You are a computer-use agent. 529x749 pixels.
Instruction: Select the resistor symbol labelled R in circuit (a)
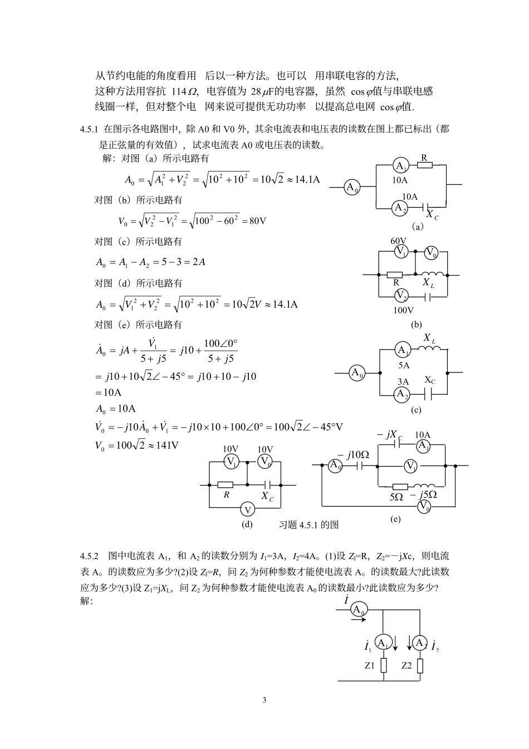(425, 165)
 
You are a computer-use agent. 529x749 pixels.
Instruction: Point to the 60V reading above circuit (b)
(398, 241)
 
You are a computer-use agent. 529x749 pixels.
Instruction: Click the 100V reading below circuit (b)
(403, 310)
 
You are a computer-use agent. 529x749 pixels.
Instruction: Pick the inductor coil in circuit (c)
(430, 349)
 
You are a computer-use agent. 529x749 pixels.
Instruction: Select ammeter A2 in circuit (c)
(401, 394)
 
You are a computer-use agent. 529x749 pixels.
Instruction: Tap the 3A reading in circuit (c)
(403, 381)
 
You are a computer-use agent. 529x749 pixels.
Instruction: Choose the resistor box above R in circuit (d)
(226, 484)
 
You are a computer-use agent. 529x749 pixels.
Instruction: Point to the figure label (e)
(395, 519)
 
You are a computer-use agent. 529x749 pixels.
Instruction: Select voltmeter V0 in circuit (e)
(424, 506)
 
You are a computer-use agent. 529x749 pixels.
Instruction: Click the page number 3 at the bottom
(264, 700)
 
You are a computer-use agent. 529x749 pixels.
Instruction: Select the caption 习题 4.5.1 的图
(308, 525)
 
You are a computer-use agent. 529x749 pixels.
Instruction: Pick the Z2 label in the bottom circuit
(406, 665)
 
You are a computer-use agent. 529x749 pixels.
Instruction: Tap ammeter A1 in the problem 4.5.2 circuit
(382, 642)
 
